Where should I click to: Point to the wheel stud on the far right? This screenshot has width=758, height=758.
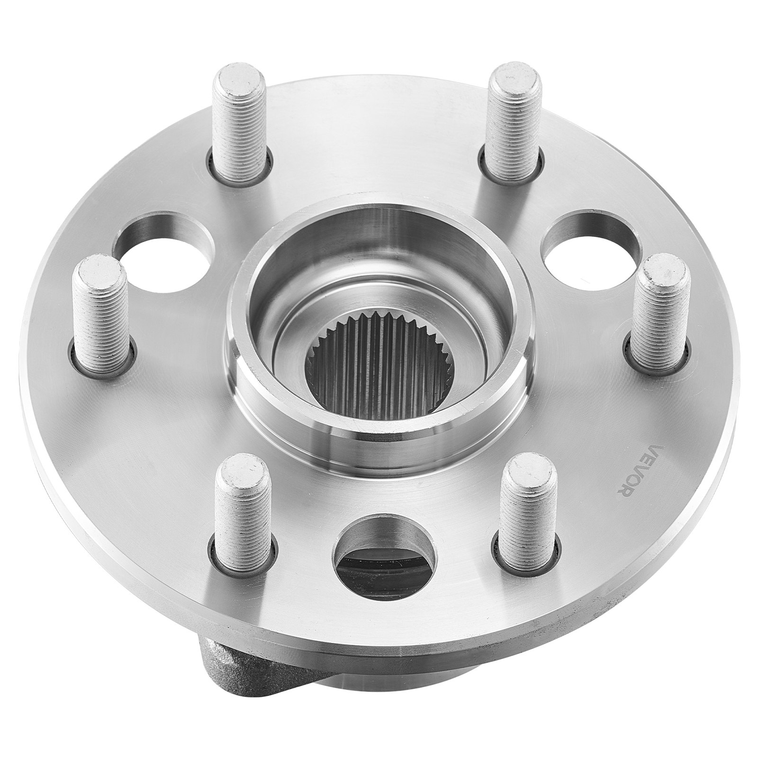coord(659,313)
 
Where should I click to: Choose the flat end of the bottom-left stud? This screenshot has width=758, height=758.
coord(240,467)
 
